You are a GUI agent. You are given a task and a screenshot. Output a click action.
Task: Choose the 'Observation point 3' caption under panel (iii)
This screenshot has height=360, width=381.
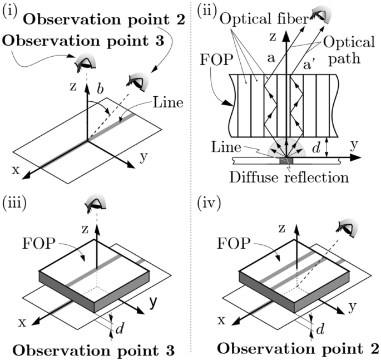(x=93, y=351)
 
